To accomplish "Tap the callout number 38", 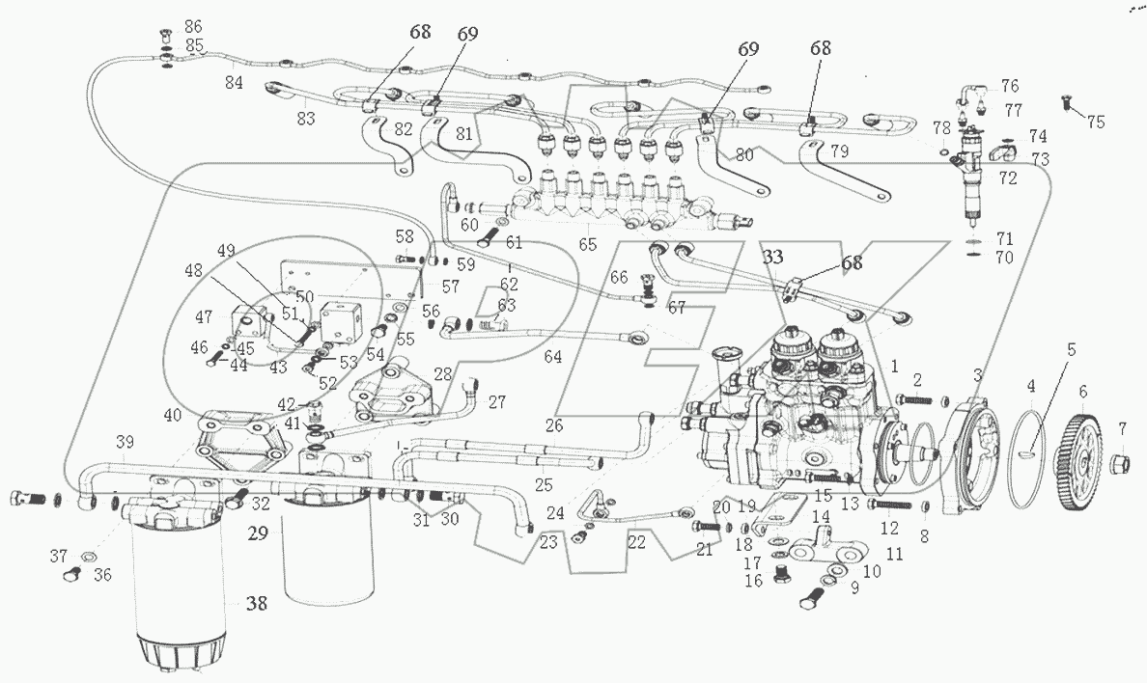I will (256, 605).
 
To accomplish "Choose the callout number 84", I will (234, 83).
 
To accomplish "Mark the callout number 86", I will (193, 25).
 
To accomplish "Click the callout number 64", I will (552, 358).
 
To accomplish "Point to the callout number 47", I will (204, 316).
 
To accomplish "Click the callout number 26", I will (552, 424).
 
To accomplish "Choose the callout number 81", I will (465, 136).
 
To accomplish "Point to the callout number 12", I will (889, 528).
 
